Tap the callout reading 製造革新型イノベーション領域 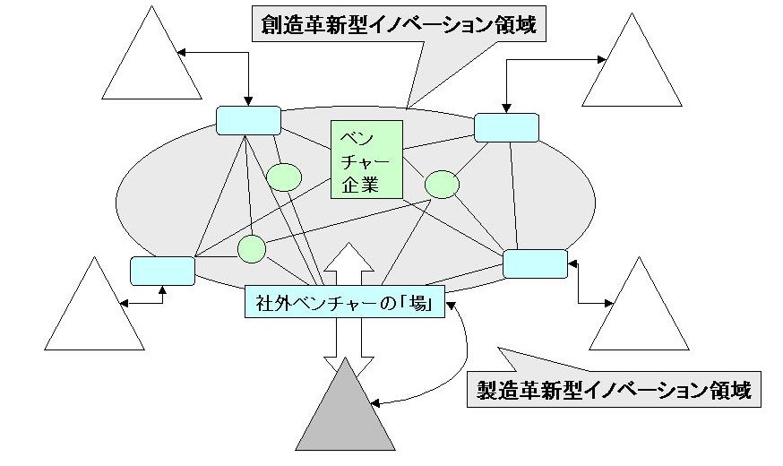click(x=615, y=390)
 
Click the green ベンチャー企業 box click(x=366, y=160)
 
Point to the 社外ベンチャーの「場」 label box click(x=344, y=302)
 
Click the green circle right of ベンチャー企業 click(x=442, y=184)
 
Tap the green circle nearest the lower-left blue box click(x=252, y=248)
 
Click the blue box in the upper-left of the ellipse click(x=248, y=120)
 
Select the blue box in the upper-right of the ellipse click(x=506, y=127)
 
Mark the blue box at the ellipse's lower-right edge click(x=535, y=263)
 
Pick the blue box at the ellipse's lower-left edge click(x=162, y=271)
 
